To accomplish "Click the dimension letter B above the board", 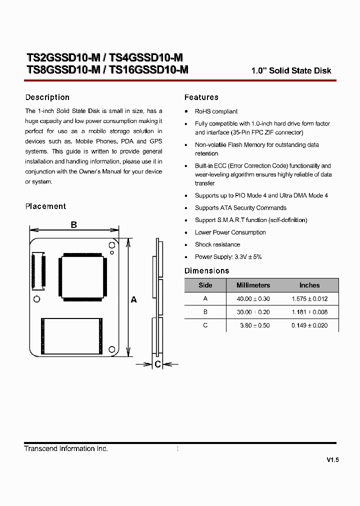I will click(73, 225).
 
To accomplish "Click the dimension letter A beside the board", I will click(133, 299).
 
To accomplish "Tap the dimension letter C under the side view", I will click(157, 364).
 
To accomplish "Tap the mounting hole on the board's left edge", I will click(36, 299).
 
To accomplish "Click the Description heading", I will click(47, 97).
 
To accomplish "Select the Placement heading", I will click(45, 206).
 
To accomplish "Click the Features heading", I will click(201, 97).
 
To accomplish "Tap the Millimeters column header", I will click(253, 285).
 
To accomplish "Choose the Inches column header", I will click(309, 285).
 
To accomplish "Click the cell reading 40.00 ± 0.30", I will click(253, 299).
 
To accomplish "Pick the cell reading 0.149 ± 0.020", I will click(309, 325).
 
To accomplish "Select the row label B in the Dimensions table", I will click(205, 312).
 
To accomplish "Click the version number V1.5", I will click(332, 460).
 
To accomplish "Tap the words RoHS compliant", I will click(216, 111).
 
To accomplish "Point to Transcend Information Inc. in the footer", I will click(66, 449).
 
